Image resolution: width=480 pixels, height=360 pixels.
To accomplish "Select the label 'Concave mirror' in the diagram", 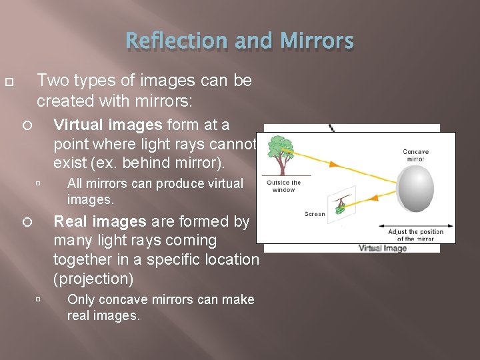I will coord(416,155).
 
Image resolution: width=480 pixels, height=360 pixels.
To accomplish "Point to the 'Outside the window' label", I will coord(283,186).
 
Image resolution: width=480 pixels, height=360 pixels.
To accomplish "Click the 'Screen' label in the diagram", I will coord(315,214).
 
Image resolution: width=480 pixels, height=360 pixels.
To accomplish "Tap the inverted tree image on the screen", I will coord(342,205).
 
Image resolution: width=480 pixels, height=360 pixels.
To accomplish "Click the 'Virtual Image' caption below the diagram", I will coord(383,248).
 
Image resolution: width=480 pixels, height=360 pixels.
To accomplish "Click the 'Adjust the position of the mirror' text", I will coord(416,235).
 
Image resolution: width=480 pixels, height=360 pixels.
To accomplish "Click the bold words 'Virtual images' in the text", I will coord(107,125).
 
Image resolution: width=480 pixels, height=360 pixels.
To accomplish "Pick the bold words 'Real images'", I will coord(99,221).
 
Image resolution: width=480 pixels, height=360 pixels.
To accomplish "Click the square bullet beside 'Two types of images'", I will coord(8,81).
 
